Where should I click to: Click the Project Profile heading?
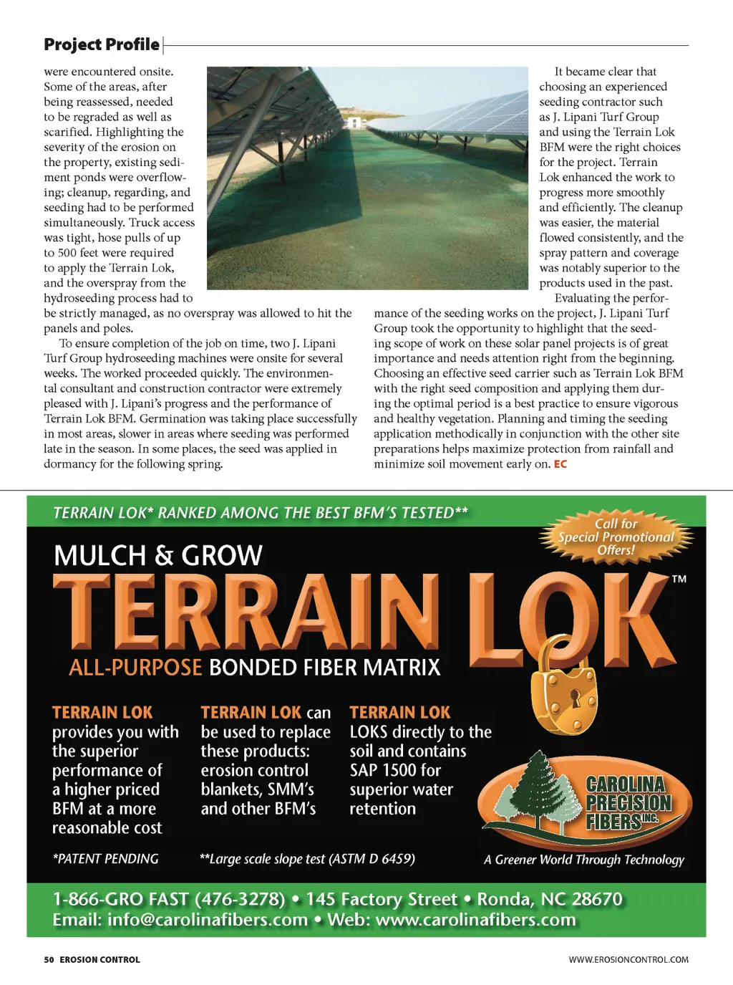coord(102,44)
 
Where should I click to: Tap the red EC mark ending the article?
coord(560,464)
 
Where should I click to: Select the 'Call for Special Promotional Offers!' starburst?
coord(616,537)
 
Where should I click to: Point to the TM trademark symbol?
coord(679,579)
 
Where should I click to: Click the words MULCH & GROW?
coord(158,556)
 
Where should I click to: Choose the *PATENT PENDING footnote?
coord(105,859)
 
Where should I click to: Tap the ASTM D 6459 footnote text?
coord(307,859)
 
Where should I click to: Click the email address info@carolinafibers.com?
coord(208,920)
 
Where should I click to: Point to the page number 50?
coord(49,960)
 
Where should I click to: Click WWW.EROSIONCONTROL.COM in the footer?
coord(628,960)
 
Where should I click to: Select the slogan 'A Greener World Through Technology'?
coord(584,860)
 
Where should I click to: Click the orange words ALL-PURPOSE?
coord(135,668)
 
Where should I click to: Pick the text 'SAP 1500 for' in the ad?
coord(395,770)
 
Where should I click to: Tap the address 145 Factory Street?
coord(382,899)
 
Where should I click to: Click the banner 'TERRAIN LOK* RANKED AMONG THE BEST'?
coord(261,513)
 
